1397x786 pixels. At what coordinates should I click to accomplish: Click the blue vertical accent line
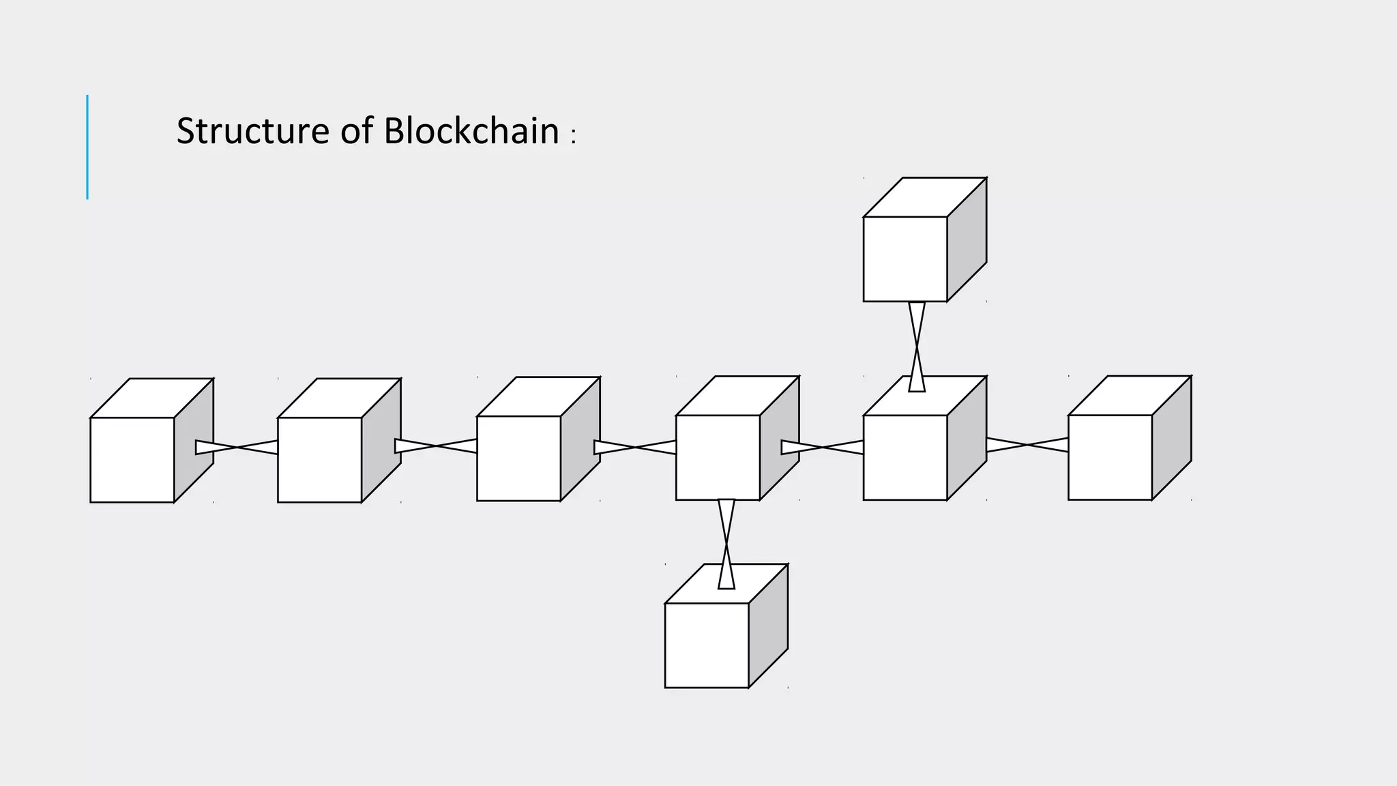click(x=87, y=147)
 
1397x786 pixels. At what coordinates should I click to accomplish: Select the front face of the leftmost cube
click(x=132, y=460)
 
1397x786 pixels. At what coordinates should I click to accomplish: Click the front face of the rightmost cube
click(x=1110, y=457)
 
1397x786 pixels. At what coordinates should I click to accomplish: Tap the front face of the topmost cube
click(x=905, y=259)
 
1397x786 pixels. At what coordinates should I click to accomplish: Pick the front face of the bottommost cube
click(x=706, y=645)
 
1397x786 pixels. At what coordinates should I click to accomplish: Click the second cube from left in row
click(x=319, y=460)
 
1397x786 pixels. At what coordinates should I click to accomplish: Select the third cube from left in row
click(x=518, y=458)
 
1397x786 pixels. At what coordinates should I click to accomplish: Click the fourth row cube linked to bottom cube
click(x=718, y=457)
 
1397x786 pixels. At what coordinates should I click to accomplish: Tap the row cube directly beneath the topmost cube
click(x=905, y=457)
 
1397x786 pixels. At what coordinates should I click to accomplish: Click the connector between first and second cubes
click(x=237, y=447)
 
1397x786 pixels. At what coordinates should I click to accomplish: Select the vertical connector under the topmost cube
click(x=917, y=347)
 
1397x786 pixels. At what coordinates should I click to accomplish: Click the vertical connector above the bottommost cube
click(x=726, y=543)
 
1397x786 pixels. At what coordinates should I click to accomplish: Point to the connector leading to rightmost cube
click(x=1027, y=445)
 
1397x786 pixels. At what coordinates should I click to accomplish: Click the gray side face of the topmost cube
click(x=967, y=239)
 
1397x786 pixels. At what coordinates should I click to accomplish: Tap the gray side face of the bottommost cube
click(x=768, y=625)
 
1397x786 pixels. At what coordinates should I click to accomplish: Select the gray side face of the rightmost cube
click(x=1171, y=437)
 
